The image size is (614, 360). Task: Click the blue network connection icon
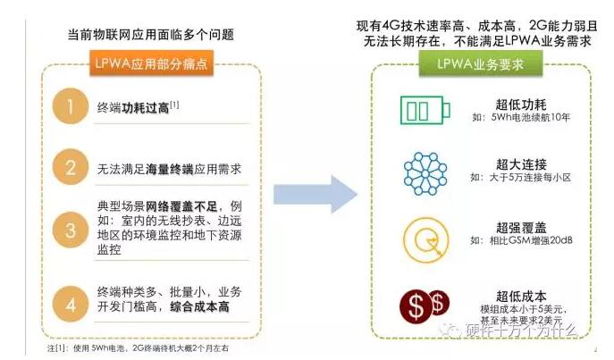pos(425,172)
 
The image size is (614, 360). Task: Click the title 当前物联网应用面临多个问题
pos(151,35)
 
